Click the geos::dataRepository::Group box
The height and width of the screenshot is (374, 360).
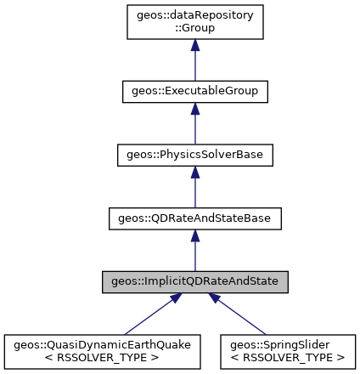pyautogui.click(x=194, y=23)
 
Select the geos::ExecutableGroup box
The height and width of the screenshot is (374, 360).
pyautogui.click(x=194, y=90)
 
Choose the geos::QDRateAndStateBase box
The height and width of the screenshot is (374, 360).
pyautogui.click(x=194, y=219)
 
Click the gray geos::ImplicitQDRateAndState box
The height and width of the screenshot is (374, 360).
pyautogui.click(x=194, y=283)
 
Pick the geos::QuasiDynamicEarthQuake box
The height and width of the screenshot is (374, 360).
pyautogui.click(x=102, y=351)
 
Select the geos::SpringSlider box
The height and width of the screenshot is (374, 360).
pyautogui.click(x=286, y=351)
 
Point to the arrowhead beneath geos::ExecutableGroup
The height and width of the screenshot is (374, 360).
pyautogui.click(x=194, y=109)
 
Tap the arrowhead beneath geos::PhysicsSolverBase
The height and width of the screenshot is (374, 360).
pyautogui.click(x=194, y=173)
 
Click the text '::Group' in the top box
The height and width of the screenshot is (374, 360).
pyautogui.click(x=194, y=29)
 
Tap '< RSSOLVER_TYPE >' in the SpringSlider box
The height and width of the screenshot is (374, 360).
pyautogui.click(x=286, y=357)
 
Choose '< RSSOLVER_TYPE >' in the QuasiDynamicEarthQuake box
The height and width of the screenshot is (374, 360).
pyautogui.click(x=102, y=357)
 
